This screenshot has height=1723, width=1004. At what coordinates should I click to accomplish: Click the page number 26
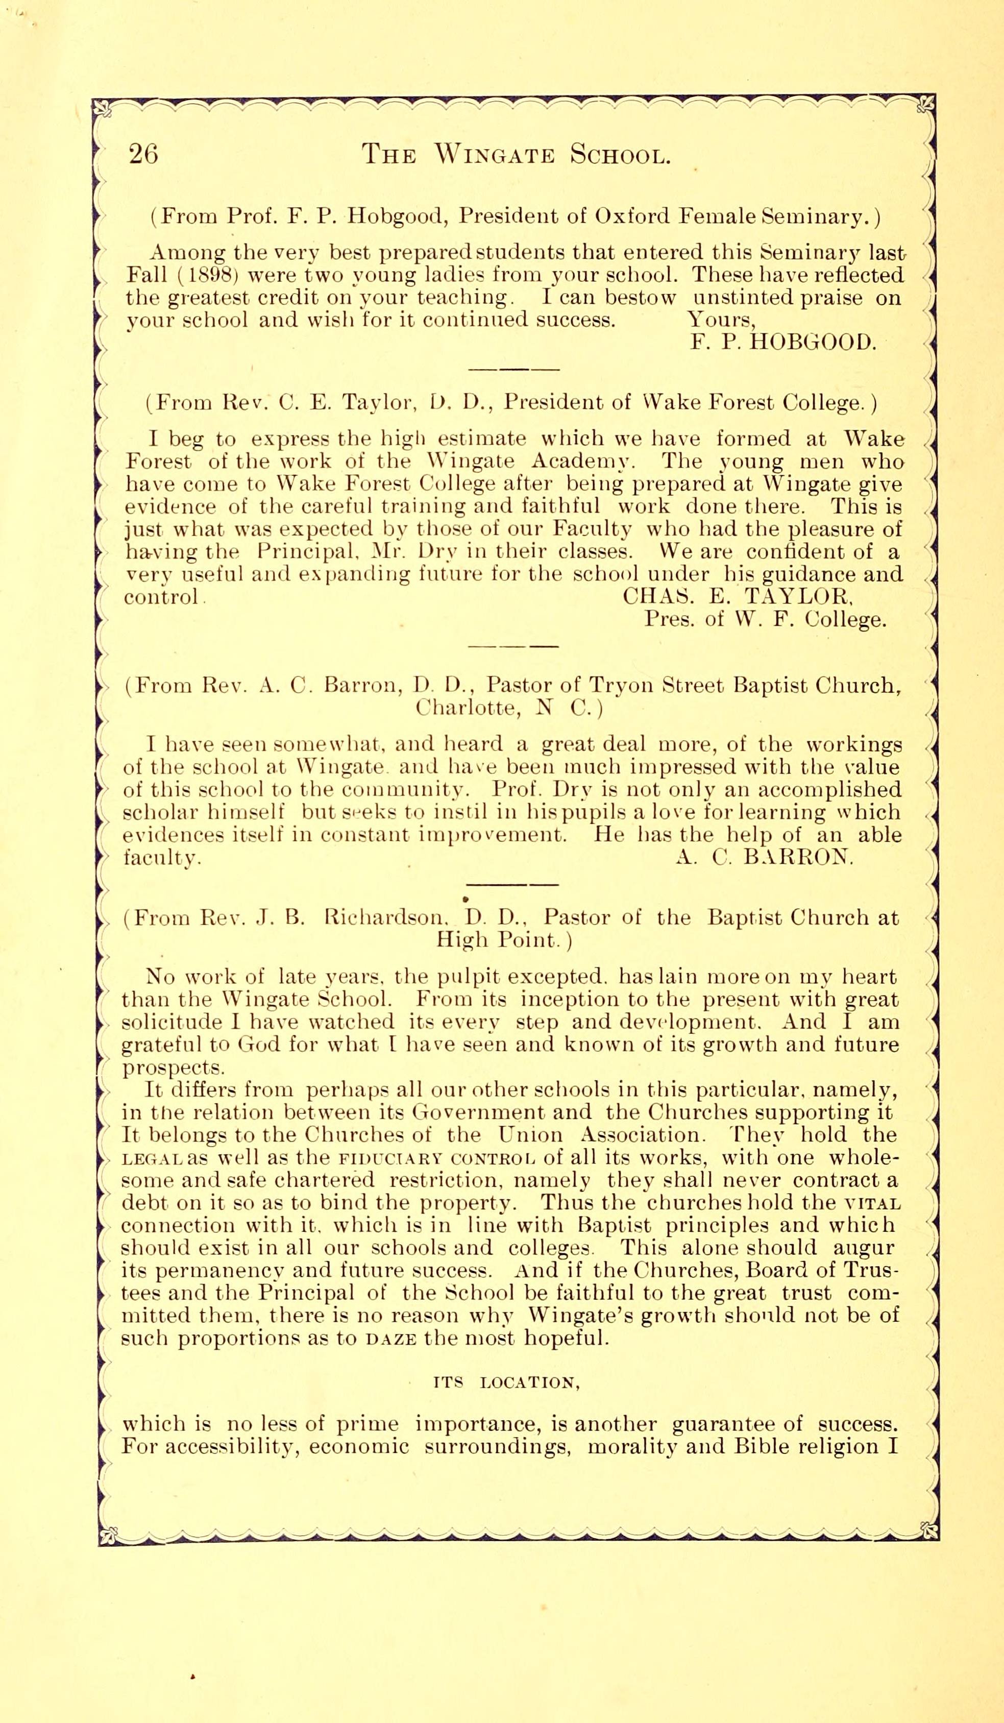click(x=143, y=154)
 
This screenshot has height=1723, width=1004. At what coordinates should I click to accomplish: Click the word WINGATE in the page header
click(x=497, y=155)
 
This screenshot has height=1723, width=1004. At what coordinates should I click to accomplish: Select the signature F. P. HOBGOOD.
click(x=782, y=342)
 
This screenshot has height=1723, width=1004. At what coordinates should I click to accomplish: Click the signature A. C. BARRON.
click(x=764, y=857)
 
